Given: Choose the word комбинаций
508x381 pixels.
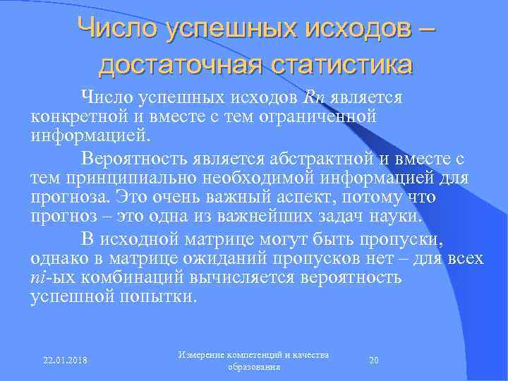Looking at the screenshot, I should [x=128, y=277].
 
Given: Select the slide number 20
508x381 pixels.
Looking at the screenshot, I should [x=375, y=361].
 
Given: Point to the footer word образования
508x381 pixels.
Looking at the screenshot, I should [x=255, y=368].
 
